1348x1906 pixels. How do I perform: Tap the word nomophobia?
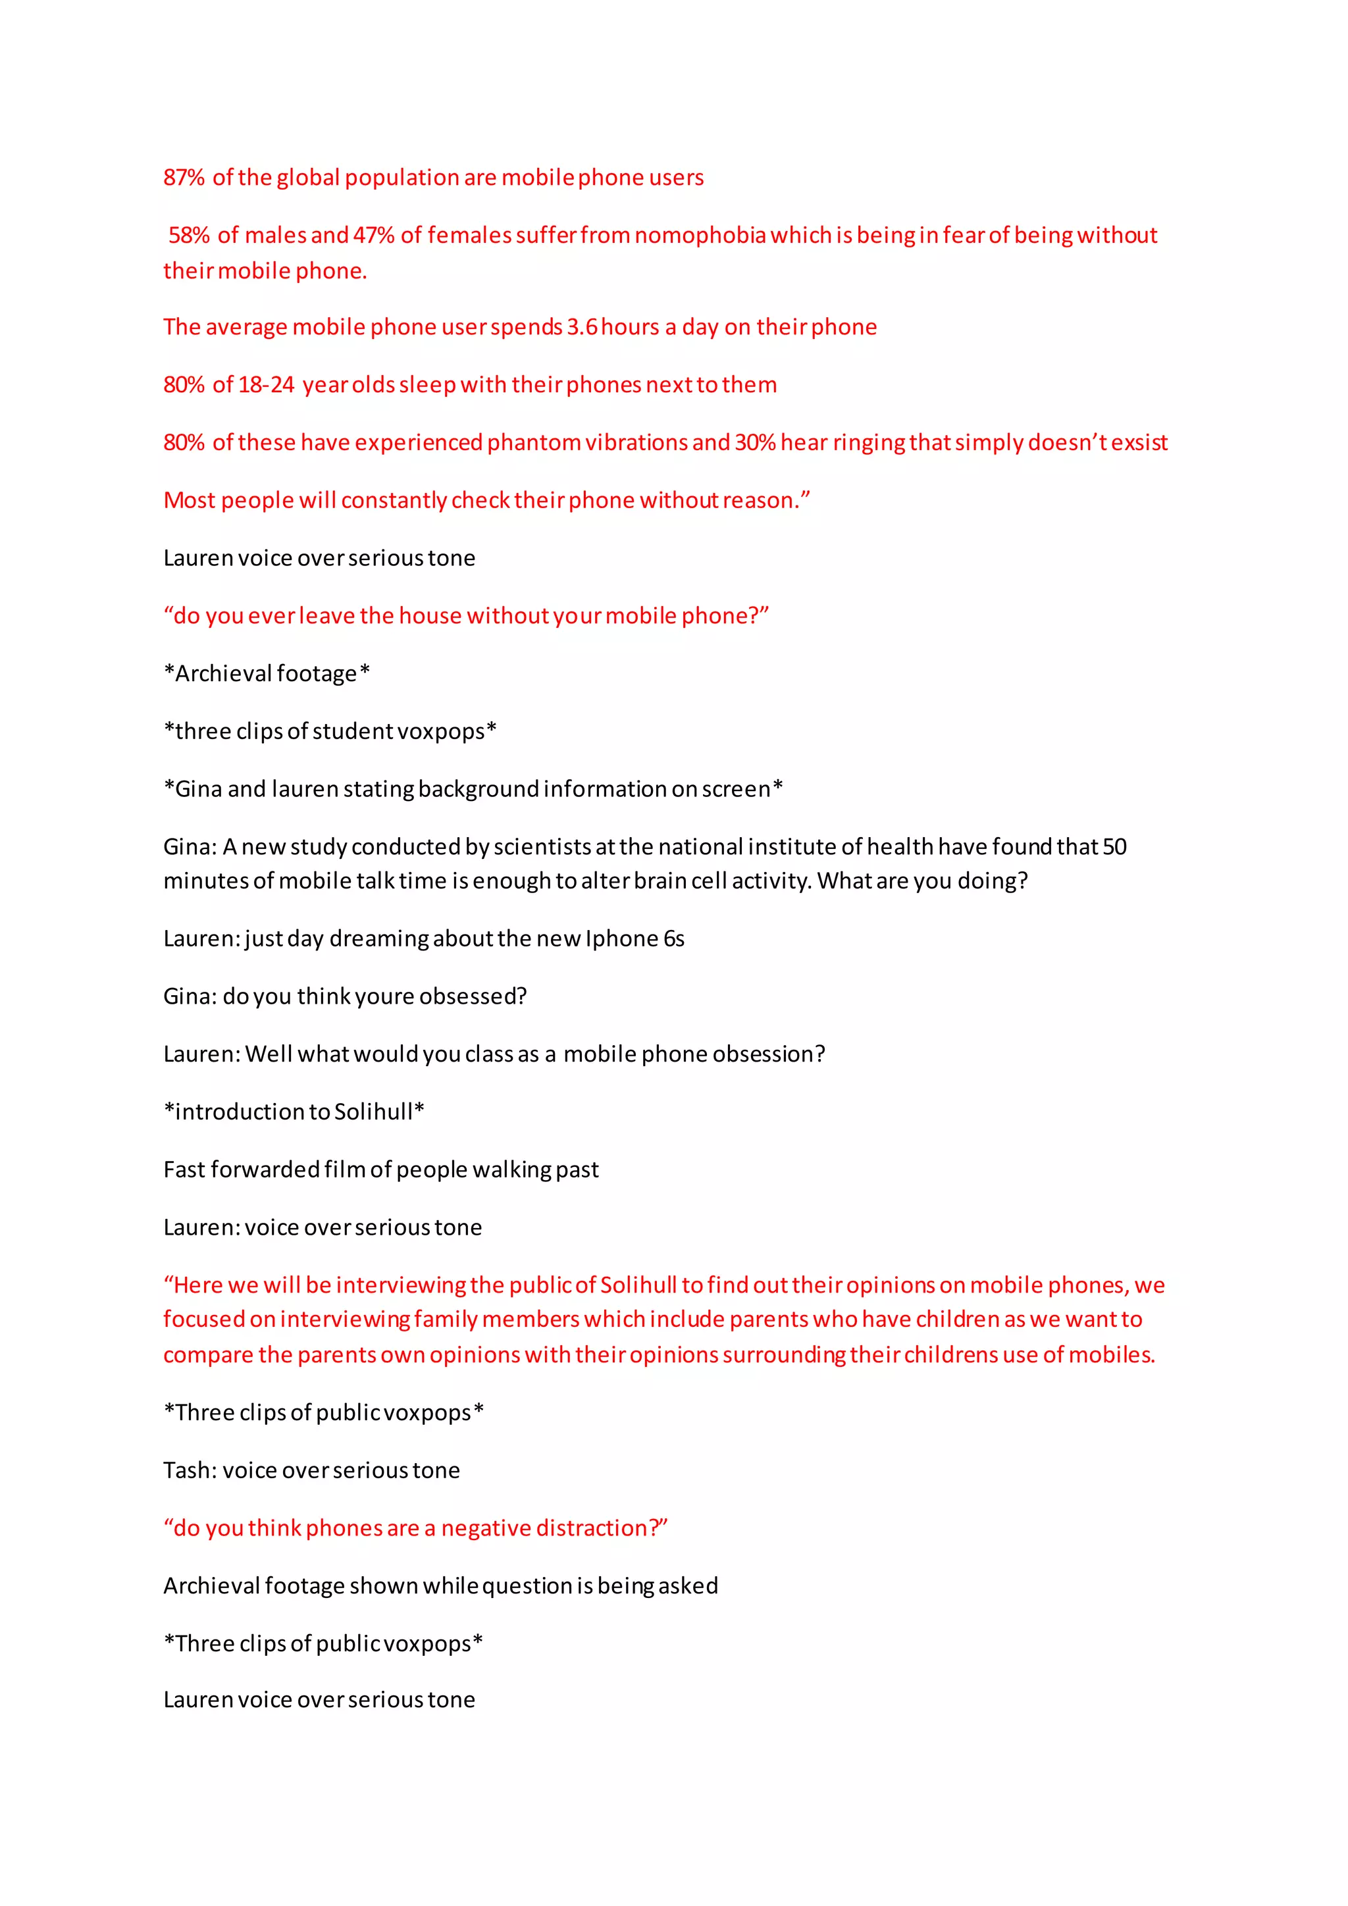pyautogui.click(x=700, y=236)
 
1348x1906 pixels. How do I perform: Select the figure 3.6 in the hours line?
pyautogui.click(x=582, y=327)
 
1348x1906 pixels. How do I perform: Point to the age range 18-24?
pyautogui.click(x=266, y=385)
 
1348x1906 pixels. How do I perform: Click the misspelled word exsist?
pyautogui.click(x=1139, y=442)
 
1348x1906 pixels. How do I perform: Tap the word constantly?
pyautogui.click(x=394, y=501)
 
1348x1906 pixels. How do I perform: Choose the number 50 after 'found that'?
pyautogui.click(x=1114, y=847)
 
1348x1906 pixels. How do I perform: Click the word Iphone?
pyautogui.click(x=622, y=939)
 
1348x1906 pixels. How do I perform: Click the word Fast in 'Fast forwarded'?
pyautogui.click(x=184, y=1170)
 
